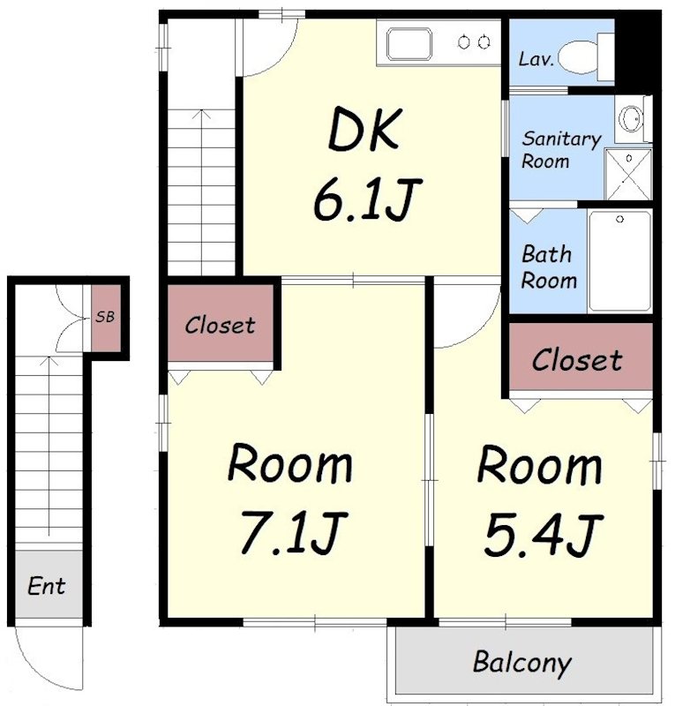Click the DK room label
pyautogui.click(x=364, y=129)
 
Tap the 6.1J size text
pyautogui.click(x=367, y=199)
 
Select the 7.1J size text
pyautogui.click(x=294, y=533)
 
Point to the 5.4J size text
pyautogui.click(x=544, y=534)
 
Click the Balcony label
pyautogui.click(x=522, y=663)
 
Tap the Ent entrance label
pyautogui.click(x=47, y=586)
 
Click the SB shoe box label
pyautogui.click(x=105, y=317)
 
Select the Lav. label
pyautogui.click(x=536, y=59)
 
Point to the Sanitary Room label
pyautogui.click(x=561, y=149)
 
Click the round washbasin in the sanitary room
pyautogui.click(x=630, y=119)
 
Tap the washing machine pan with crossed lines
pyautogui.click(x=628, y=175)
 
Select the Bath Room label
pyautogui.click(x=549, y=267)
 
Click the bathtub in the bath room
pyautogui.click(x=620, y=261)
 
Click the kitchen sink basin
pyautogui.click(x=409, y=43)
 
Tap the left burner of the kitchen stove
pyautogui.click(x=464, y=42)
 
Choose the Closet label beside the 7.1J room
pyautogui.click(x=220, y=325)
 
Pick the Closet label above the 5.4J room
pyautogui.click(x=577, y=360)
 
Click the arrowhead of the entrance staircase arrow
pyautogui.click(x=49, y=360)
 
